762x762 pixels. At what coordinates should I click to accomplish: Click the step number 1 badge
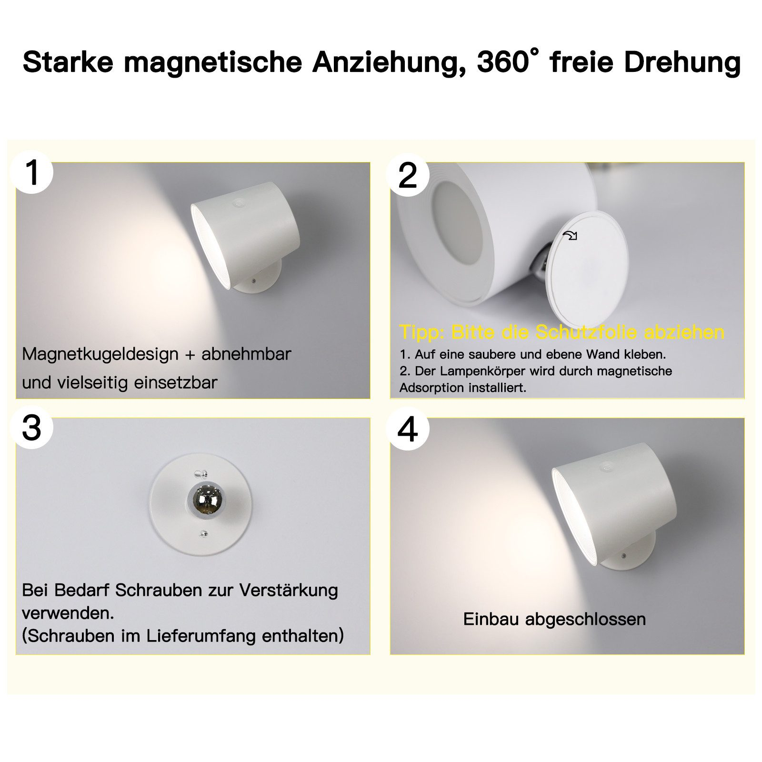pyautogui.click(x=32, y=172)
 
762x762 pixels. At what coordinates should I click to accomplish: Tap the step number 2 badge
pyautogui.click(x=408, y=175)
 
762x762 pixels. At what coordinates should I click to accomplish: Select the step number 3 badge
pyautogui.click(x=32, y=427)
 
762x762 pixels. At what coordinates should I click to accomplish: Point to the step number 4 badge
pyautogui.click(x=408, y=429)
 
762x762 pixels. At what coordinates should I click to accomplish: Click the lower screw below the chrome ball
pyautogui.click(x=204, y=534)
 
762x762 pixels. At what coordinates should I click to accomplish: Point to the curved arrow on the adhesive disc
pyautogui.click(x=570, y=235)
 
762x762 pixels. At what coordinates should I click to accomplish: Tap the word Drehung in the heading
pyautogui.click(x=682, y=62)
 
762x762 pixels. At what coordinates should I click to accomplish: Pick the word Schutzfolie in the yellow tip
pyautogui.click(x=587, y=332)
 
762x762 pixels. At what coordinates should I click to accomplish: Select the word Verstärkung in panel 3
pyautogui.click(x=288, y=591)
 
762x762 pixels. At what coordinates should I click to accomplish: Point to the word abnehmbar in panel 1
pyautogui.click(x=246, y=354)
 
